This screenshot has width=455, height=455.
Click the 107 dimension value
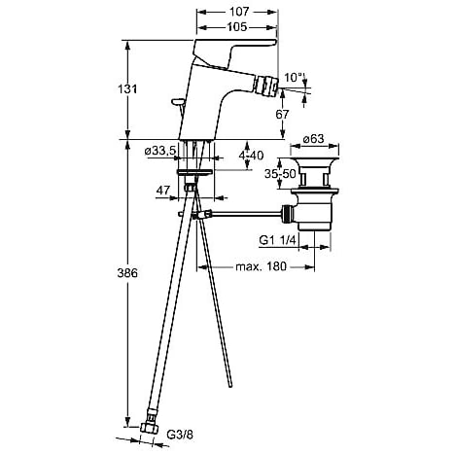point(239,12)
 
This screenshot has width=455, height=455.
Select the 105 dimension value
point(236,27)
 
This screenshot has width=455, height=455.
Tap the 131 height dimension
point(127,88)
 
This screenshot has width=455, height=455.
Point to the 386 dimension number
point(127,273)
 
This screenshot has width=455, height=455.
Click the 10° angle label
point(293,78)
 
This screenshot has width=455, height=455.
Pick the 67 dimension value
point(282,115)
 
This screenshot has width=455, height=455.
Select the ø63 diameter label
point(313,139)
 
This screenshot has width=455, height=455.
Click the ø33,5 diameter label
point(160,151)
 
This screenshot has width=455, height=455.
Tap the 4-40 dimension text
point(251,156)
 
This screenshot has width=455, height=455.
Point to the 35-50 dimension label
point(280,174)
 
